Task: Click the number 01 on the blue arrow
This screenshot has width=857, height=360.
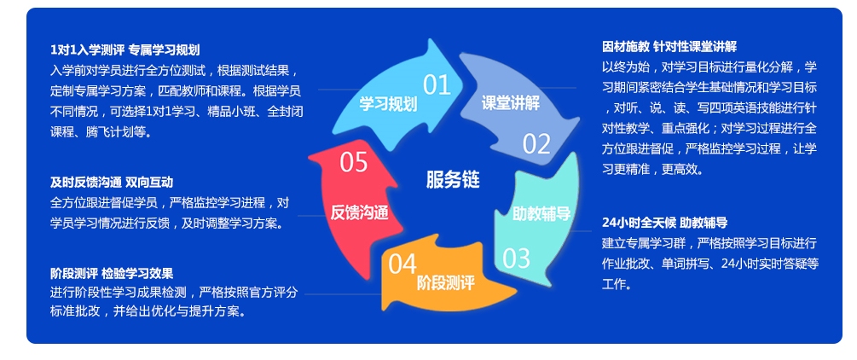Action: pos(437,84)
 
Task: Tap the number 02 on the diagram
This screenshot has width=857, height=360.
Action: pos(536,144)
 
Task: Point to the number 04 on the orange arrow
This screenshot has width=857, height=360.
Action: pos(402,264)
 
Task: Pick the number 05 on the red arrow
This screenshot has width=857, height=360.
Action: pos(353,161)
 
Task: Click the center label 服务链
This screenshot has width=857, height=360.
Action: pos(453,179)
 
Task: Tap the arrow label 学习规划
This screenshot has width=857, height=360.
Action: pos(388,104)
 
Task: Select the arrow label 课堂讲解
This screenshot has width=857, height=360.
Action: pos(510,103)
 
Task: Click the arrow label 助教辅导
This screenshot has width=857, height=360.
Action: pos(541,213)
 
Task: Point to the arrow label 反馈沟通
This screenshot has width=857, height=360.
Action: pos(360,213)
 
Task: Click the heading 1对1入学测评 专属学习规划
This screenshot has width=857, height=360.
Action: pos(124,50)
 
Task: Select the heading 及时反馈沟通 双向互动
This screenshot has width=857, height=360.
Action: pos(111,182)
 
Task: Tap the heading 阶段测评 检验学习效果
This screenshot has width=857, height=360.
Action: pos(112,273)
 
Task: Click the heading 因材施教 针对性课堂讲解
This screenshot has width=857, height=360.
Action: pos(669,46)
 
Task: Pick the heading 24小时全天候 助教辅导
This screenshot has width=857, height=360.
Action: pos(664,223)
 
